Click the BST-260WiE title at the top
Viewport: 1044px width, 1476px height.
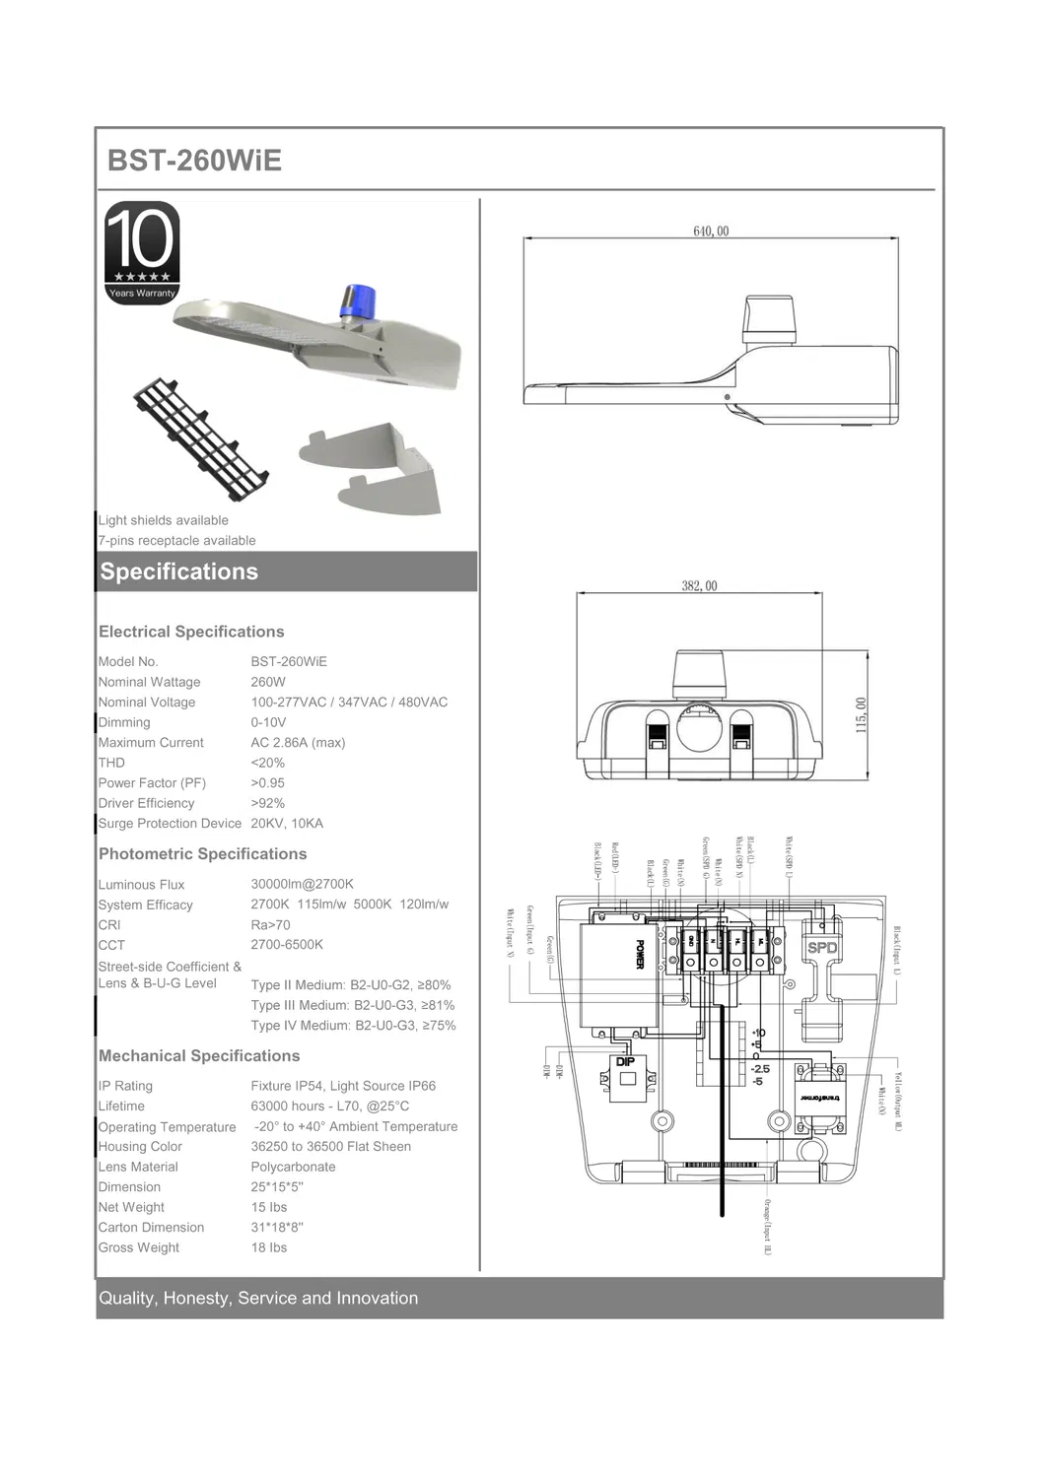coord(194,161)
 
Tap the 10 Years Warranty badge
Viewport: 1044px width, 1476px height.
coord(142,252)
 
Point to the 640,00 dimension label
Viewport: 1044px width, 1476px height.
coord(711,232)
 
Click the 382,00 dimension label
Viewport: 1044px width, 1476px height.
coord(699,586)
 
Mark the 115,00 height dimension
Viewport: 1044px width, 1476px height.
coord(861,714)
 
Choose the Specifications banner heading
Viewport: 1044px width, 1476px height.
coord(179,571)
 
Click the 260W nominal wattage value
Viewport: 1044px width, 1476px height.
coord(268,682)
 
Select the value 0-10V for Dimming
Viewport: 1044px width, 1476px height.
coord(268,722)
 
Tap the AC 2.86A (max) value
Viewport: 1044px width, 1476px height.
coord(298,743)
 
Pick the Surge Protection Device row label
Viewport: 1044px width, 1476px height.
coord(170,824)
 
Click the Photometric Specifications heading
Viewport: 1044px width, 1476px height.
coord(202,854)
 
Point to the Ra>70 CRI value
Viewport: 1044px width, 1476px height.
coord(270,925)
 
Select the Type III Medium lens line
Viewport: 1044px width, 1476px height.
coord(352,1005)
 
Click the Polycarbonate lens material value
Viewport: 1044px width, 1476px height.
coord(293,1167)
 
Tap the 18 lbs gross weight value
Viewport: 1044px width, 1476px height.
coord(268,1247)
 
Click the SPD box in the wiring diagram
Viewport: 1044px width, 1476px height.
coord(821,948)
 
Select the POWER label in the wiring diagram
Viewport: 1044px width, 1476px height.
coord(639,954)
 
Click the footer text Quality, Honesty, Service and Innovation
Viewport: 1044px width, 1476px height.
coord(258,1299)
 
